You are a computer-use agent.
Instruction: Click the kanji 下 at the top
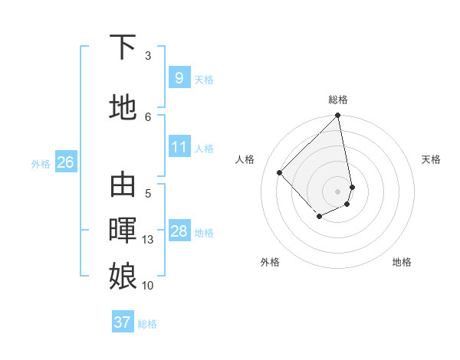[123, 47]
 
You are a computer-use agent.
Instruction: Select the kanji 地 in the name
[123, 107]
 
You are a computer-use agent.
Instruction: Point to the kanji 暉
[123, 230]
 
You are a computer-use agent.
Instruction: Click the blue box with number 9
[179, 77]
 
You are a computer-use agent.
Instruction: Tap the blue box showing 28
[179, 231]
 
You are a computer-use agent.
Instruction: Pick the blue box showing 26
[65, 162]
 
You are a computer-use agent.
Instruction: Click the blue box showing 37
[122, 322]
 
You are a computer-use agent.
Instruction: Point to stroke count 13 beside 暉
[148, 240]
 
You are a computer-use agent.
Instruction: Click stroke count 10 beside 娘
[148, 286]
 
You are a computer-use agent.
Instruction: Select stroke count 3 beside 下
[148, 56]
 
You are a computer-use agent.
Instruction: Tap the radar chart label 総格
[338, 100]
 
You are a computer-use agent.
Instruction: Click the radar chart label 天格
[431, 159]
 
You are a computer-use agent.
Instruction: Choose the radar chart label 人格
[245, 159]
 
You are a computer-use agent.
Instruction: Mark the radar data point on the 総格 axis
[338, 116]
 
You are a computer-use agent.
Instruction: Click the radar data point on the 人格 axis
[280, 172]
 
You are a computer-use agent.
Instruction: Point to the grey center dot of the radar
[338, 191]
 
